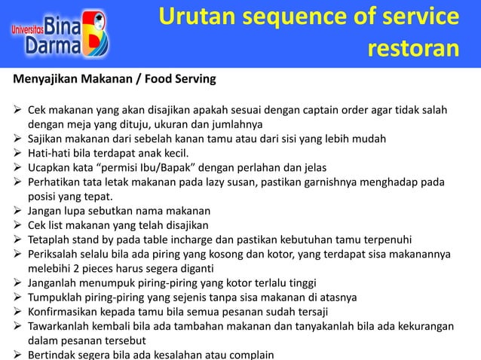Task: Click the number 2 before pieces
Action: point(82,267)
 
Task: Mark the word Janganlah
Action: point(57,282)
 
